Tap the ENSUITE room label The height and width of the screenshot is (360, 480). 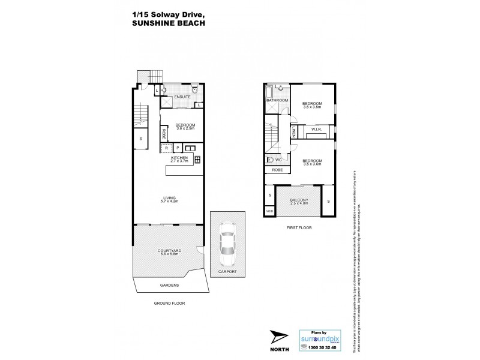pyautogui.click(x=182, y=97)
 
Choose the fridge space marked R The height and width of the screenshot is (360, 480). pyautogui.click(x=166, y=147)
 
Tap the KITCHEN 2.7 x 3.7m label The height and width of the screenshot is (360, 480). pyautogui.click(x=180, y=159)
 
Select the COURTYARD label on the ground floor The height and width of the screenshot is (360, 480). pyautogui.click(x=170, y=252)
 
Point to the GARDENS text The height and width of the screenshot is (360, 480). pyautogui.click(x=169, y=286)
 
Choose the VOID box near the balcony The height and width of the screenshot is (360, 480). pyautogui.click(x=270, y=211)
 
